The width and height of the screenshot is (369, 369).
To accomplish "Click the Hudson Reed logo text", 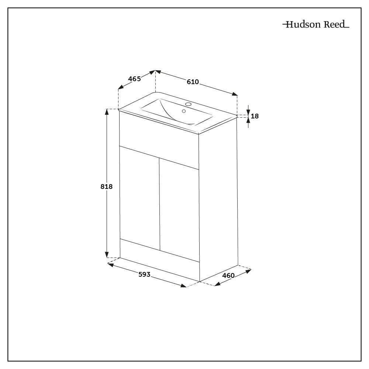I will click(316, 25).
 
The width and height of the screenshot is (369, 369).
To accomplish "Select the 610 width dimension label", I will click(193, 82).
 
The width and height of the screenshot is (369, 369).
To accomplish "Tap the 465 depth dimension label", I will click(134, 79).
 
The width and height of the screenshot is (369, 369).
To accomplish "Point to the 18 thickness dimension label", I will click(255, 116).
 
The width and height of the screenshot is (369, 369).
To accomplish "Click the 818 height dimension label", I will click(106, 187).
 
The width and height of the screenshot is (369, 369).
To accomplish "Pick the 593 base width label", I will click(144, 274).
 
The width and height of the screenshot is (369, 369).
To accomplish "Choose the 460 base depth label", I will click(228, 275).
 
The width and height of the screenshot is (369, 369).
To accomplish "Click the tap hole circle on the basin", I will click(188, 104).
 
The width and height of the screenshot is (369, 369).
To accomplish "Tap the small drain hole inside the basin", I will click(184, 111).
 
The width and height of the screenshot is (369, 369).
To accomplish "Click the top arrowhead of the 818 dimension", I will click(107, 112).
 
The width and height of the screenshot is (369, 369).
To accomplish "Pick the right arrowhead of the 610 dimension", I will click(235, 94).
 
